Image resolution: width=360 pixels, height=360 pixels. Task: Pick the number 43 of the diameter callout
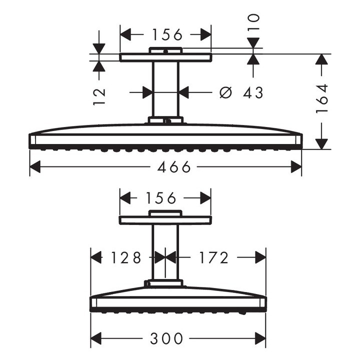pyautogui.click(x=252, y=92)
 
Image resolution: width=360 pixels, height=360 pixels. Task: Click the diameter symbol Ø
pyautogui.click(x=226, y=92)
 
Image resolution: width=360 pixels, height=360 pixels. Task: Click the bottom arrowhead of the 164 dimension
pyautogui.click(x=322, y=143)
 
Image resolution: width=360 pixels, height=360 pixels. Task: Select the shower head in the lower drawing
pyautogui.click(x=178, y=300)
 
